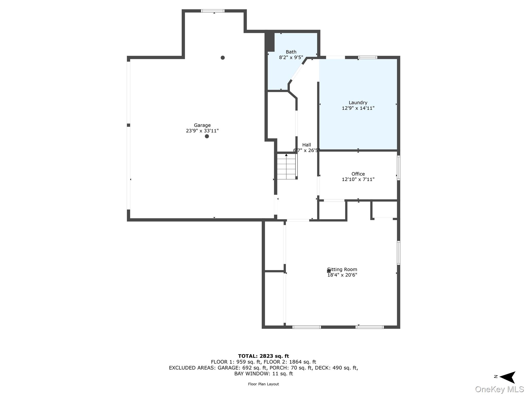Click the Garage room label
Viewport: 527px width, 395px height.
tap(202, 125)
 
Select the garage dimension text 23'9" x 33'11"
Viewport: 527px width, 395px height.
tap(202, 131)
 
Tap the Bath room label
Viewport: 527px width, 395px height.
tap(291, 52)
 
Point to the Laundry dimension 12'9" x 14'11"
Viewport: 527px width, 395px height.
tap(358, 108)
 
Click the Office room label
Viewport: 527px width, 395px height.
tap(358, 174)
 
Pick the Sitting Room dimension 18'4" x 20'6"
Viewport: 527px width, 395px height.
tap(342, 275)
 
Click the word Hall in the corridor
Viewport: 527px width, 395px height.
tap(306, 145)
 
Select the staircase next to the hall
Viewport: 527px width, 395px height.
tap(286, 166)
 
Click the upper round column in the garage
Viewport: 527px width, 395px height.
tap(223, 58)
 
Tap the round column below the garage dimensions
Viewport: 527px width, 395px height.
tap(207, 136)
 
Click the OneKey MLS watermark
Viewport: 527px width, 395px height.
tap(499, 389)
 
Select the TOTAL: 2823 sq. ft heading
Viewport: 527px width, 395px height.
tap(263, 356)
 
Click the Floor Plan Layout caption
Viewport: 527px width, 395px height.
tap(263, 384)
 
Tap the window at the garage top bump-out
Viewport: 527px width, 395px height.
tap(213, 11)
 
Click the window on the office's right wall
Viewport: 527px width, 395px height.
tap(398, 168)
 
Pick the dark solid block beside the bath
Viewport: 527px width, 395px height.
tap(270, 42)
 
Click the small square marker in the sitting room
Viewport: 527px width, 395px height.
tap(329, 271)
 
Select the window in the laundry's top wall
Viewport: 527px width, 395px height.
tap(368, 57)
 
